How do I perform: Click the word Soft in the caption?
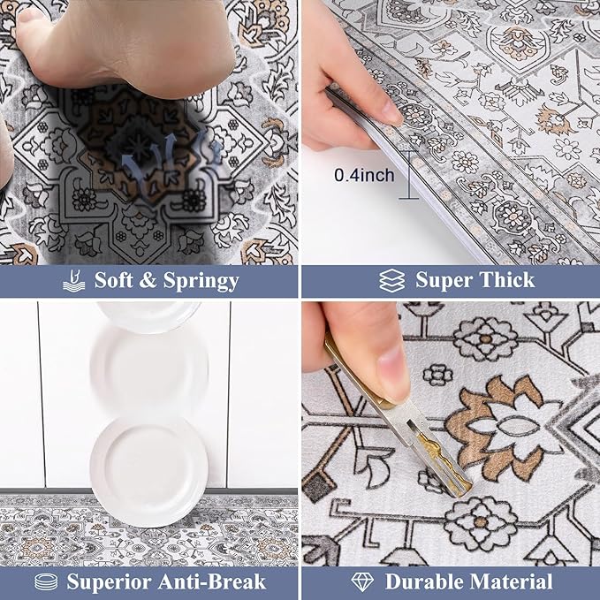(x=117, y=281)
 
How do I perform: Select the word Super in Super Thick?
(x=444, y=281)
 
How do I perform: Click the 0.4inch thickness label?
(x=363, y=176)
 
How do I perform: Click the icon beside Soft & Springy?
(x=74, y=281)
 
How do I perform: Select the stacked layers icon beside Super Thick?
(x=391, y=281)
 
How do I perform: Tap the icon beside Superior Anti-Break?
(x=46, y=581)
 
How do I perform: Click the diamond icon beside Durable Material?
(x=363, y=581)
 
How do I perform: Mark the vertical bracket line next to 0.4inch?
(x=408, y=175)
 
